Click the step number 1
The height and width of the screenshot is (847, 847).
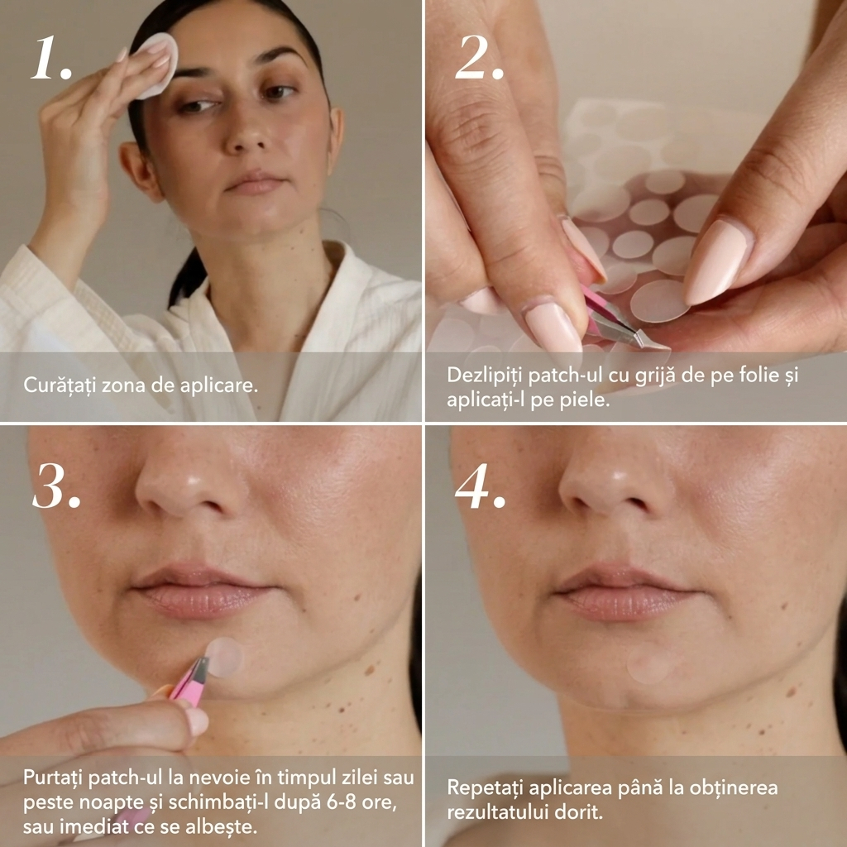[51, 58]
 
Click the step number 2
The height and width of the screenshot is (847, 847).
[479, 58]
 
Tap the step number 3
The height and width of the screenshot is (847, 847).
[56, 486]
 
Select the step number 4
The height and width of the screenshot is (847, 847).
[481, 486]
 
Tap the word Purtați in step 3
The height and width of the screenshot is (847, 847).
[52, 778]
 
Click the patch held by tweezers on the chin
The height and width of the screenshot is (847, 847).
[224, 657]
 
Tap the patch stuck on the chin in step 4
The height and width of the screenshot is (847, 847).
[651, 663]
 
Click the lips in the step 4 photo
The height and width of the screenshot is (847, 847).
[621, 591]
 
